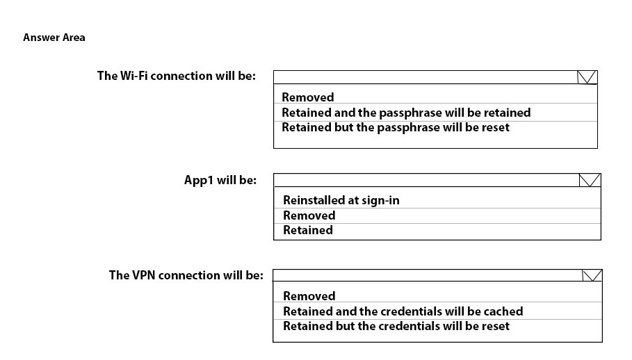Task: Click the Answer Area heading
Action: click(54, 38)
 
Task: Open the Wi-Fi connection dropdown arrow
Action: click(587, 77)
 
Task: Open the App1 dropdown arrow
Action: click(590, 180)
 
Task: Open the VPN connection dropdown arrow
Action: click(592, 275)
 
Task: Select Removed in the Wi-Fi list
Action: click(307, 97)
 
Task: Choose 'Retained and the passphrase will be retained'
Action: click(406, 113)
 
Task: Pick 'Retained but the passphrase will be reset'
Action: click(396, 127)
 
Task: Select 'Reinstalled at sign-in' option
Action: click(341, 200)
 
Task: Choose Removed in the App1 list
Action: click(309, 215)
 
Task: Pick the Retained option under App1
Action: click(308, 230)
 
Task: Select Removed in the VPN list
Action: click(309, 296)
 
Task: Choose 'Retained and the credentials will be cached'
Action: click(403, 311)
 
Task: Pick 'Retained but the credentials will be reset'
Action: click(396, 326)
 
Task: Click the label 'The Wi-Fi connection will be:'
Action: click(177, 76)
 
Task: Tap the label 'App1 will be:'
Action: click(220, 180)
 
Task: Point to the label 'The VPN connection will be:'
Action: click(186, 275)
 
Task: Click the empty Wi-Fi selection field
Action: click(426, 77)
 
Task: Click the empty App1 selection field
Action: click(426, 180)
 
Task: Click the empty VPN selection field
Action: click(428, 275)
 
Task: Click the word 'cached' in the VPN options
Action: click(503, 311)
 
